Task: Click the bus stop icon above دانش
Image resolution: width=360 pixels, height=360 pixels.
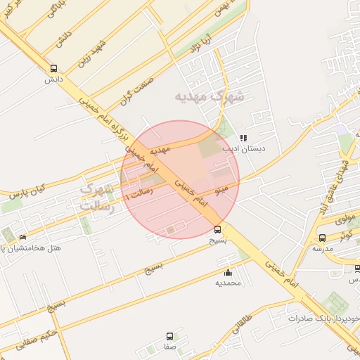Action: pyautogui.click(x=54, y=69)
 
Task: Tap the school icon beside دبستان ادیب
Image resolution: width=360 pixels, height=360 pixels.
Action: pyautogui.click(x=243, y=139)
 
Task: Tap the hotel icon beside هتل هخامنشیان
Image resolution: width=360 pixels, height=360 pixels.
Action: pyautogui.click(x=23, y=238)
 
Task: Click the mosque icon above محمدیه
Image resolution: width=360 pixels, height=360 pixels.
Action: pyautogui.click(x=227, y=273)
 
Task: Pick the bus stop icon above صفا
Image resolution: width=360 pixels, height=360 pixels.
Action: pyautogui.click(x=169, y=337)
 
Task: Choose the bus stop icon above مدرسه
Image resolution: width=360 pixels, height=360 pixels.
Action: pyautogui.click(x=322, y=238)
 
